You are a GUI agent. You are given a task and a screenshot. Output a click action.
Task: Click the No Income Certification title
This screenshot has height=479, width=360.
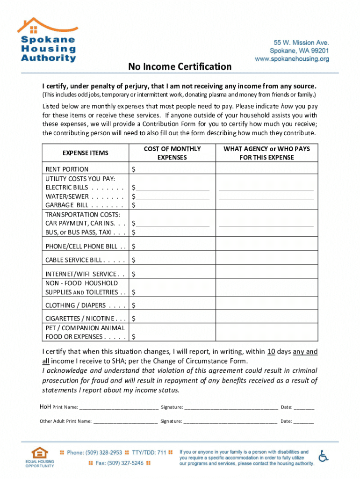(x=180, y=67)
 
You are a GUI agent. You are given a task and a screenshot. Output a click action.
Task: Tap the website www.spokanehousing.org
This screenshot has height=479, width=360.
(x=292, y=59)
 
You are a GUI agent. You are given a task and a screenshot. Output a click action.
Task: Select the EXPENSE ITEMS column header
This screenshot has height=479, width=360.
(x=85, y=153)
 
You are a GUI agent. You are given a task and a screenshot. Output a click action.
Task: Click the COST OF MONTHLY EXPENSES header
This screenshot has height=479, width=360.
(x=172, y=153)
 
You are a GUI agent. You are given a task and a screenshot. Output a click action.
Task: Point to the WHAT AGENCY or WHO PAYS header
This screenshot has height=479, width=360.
(x=266, y=153)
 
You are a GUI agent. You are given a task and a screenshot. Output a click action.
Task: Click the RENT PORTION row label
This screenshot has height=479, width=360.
(x=67, y=169)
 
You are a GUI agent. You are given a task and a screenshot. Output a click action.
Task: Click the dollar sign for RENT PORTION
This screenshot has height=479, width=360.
(x=134, y=169)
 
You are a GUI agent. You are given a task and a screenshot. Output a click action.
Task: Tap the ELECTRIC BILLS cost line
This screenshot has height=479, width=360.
(x=173, y=188)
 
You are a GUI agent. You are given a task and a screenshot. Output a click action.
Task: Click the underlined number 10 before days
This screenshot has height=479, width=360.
(x=271, y=351)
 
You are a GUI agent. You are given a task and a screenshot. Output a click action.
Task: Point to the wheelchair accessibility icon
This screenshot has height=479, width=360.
(x=323, y=456)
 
